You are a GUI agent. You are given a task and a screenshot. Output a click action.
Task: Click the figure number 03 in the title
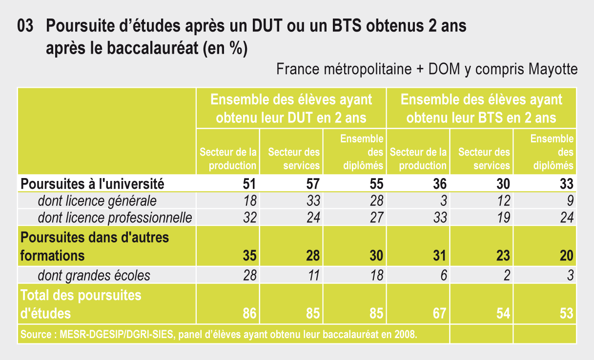point(25,26)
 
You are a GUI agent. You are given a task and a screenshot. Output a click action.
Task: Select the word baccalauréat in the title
point(152,48)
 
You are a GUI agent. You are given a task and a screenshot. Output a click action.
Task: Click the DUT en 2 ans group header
point(291,108)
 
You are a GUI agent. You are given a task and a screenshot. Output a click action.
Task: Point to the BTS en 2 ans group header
point(481,108)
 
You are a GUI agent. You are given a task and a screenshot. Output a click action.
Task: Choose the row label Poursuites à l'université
point(92,184)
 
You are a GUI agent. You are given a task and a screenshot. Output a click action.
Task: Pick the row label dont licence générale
point(97,200)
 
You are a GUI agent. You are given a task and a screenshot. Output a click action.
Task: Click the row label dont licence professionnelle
point(115,218)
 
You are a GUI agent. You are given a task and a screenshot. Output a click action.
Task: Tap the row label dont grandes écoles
point(94,275)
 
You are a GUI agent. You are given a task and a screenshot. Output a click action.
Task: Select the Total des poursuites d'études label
point(81,304)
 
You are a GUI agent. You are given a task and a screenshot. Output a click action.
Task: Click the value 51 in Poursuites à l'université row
point(249,184)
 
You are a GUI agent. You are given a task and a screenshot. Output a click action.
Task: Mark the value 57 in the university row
point(313,184)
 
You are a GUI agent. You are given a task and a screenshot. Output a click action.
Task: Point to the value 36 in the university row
point(440,184)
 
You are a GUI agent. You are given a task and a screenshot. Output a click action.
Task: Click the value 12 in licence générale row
point(503,200)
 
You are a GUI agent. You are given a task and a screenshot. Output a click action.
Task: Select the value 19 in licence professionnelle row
point(503,218)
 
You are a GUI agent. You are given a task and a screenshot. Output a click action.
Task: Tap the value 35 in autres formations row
point(249,256)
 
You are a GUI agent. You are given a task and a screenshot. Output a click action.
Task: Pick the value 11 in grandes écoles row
point(313,275)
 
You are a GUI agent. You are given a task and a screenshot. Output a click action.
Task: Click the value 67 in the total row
point(440,313)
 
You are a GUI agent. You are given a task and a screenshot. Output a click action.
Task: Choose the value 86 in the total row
point(249,313)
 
